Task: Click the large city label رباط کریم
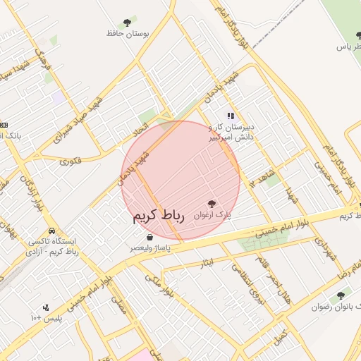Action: click(157, 216)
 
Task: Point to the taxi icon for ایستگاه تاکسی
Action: click(52, 231)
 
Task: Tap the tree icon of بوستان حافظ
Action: click(127, 23)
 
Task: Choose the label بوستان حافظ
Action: click(126, 33)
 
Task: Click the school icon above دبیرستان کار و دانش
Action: click(230, 116)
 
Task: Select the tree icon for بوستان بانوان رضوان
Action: click(341, 296)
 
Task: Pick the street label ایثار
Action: click(207, 263)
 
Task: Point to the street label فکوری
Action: click(71, 161)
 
